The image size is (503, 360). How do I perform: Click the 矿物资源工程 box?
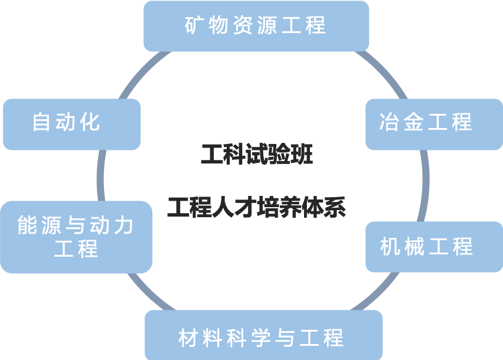[256, 26]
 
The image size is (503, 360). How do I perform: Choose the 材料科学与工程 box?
[263, 336]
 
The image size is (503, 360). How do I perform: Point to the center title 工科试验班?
[256, 155]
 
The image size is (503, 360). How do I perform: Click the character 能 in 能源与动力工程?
[27, 225]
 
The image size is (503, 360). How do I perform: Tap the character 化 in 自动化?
[90, 122]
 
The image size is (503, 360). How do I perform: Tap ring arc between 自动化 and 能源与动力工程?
[100, 175]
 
